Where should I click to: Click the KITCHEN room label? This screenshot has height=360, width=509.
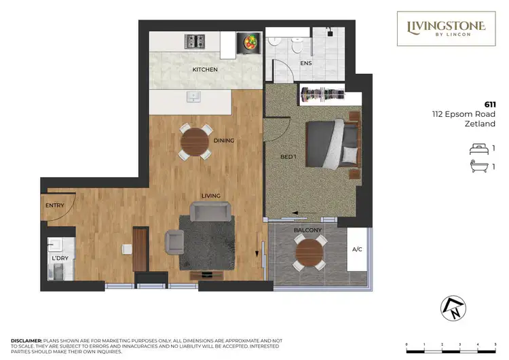click(205, 69)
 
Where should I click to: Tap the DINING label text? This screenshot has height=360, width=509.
click(223, 141)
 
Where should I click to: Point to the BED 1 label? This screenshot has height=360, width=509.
click(288, 157)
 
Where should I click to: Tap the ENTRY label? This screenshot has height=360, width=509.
click(55, 205)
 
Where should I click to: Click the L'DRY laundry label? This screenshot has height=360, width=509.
click(60, 259)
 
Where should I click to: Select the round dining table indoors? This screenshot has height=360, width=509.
click(195, 142)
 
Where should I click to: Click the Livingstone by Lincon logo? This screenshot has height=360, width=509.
click(446, 29)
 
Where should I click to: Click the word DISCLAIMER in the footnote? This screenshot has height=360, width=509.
click(26, 339)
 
